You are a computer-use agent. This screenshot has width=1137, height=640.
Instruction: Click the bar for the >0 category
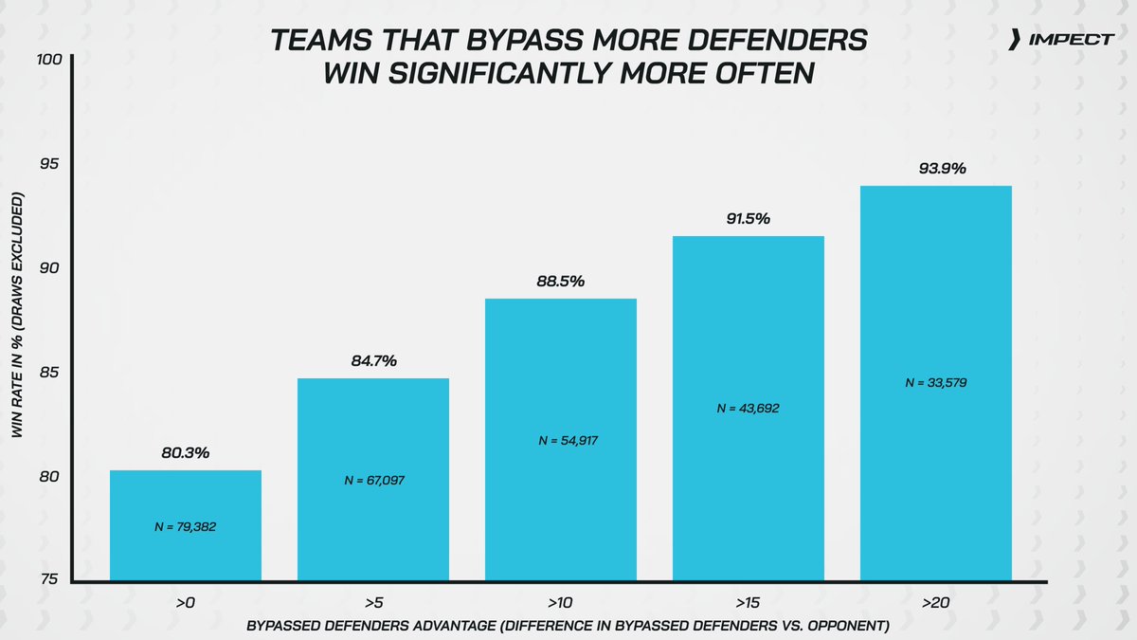pyautogui.click(x=186, y=525)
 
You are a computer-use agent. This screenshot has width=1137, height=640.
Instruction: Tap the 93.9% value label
pyautogui.click(x=935, y=169)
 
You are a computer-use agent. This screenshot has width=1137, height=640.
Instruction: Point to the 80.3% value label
pyautogui.click(x=186, y=453)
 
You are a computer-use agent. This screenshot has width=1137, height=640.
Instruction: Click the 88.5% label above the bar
pyautogui.click(x=560, y=282)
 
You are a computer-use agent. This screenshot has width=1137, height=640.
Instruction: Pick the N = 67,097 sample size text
pyautogui.click(x=373, y=481)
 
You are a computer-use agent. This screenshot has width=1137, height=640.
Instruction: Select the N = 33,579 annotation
pyautogui.click(x=935, y=383)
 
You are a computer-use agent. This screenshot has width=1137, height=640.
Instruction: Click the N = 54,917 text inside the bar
pyautogui.click(x=560, y=441)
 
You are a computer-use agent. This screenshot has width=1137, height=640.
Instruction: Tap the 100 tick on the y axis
pyautogui.click(x=50, y=60)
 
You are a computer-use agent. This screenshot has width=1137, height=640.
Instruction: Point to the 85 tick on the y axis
pyautogui.click(x=50, y=372)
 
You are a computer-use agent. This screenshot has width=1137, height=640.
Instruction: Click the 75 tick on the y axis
pyautogui.click(x=50, y=580)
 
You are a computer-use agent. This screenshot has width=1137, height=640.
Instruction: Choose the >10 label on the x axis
pyautogui.click(x=560, y=602)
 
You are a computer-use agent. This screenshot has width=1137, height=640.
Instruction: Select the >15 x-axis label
pyautogui.click(x=748, y=602)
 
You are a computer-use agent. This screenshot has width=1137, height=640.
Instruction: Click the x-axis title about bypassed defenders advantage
pyautogui.click(x=568, y=628)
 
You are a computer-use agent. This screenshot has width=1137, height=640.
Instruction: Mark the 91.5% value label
pyautogui.click(x=748, y=219)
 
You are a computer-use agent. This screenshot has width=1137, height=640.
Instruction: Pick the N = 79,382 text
pyautogui.click(x=186, y=526)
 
